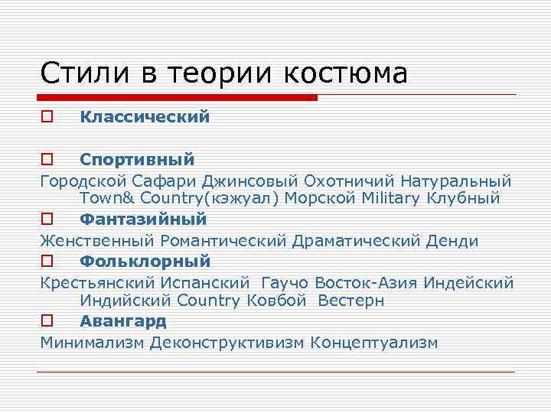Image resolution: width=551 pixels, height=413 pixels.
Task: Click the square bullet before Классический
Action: tap(47, 118)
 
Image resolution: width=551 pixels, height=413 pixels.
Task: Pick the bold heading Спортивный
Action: tap(137, 160)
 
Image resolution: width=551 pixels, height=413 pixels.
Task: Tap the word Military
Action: tap(401, 199)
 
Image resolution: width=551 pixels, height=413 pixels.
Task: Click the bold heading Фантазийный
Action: tap(143, 220)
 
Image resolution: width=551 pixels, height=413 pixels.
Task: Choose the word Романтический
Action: tap(225, 242)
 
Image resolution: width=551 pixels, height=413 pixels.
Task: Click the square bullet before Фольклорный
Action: tap(47, 262)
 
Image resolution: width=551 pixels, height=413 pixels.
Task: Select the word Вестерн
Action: tap(351, 301)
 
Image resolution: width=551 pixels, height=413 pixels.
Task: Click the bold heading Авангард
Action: tap(123, 321)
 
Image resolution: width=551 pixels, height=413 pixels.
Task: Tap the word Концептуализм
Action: tap(374, 343)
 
